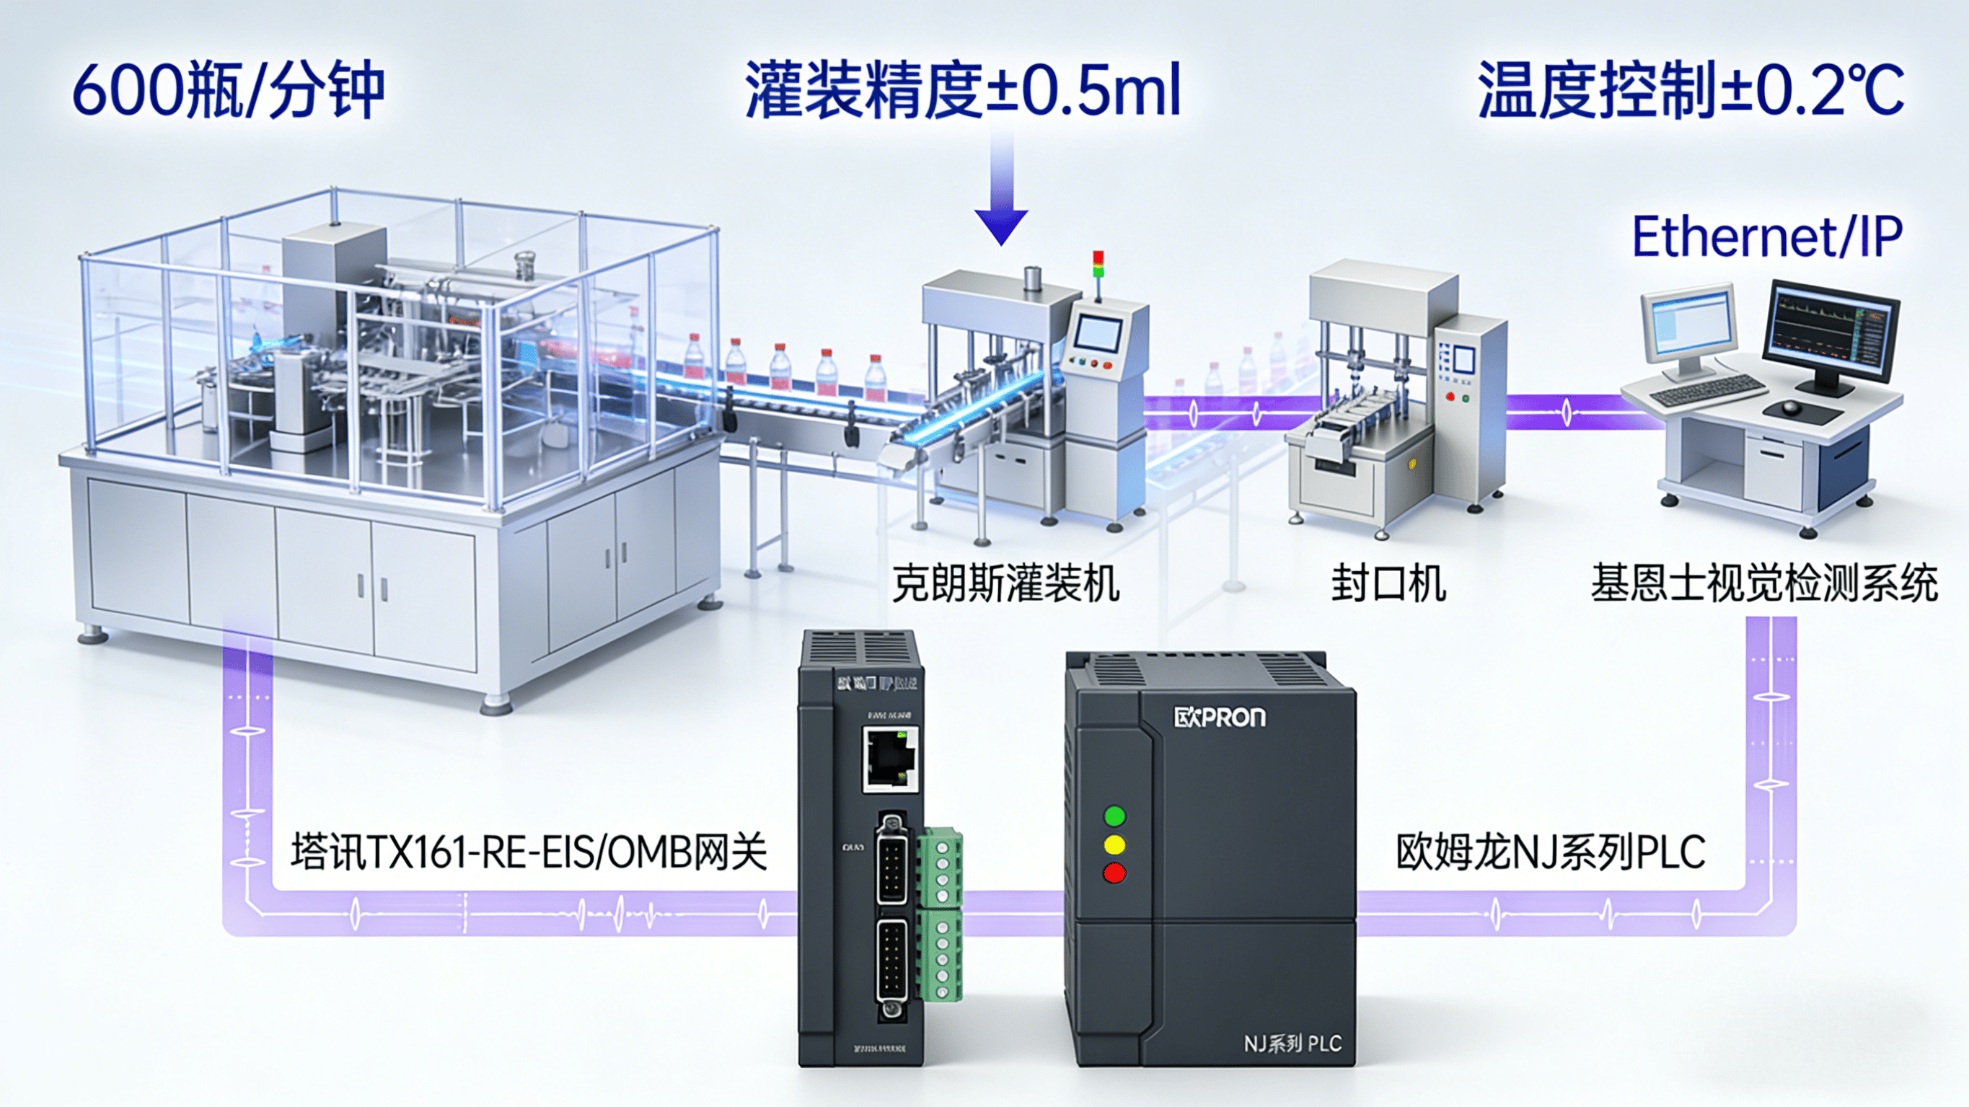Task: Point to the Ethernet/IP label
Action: (x=1766, y=237)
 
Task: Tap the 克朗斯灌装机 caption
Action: (x=1005, y=584)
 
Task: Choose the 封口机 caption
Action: (x=1388, y=584)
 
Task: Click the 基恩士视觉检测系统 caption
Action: (x=1764, y=584)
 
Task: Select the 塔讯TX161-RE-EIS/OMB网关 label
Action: (x=528, y=852)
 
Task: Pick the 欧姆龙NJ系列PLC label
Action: (x=1550, y=852)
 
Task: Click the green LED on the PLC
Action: (x=1115, y=816)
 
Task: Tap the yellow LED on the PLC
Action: (x=1115, y=844)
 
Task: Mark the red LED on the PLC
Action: (x=1115, y=873)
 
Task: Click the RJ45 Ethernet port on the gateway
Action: (x=891, y=759)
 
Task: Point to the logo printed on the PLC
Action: (x=1219, y=717)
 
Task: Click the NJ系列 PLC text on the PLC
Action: (x=1292, y=1044)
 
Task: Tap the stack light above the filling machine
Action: (x=1098, y=265)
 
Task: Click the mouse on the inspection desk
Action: (x=1791, y=407)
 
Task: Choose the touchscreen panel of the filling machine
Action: (x=1097, y=334)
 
